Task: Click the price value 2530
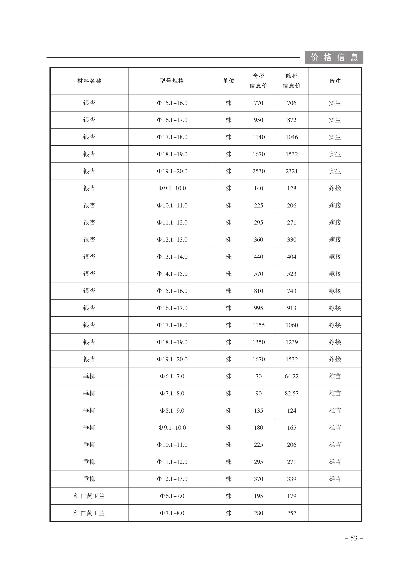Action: pos(258,171)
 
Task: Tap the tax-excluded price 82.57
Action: pos(291,393)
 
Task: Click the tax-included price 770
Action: pos(258,103)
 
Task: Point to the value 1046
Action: pos(292,137)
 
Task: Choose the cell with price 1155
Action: pos(258,325)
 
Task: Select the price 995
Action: pos(258,308)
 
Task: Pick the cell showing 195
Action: pos(258,496)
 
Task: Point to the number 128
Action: pos(292,188)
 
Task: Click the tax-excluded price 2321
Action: pos(292,171)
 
